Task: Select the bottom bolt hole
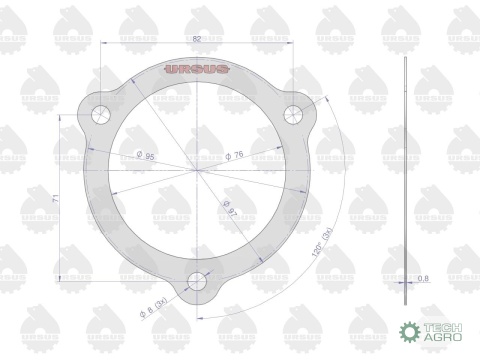click(198, 283)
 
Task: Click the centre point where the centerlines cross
click(197, 169)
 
